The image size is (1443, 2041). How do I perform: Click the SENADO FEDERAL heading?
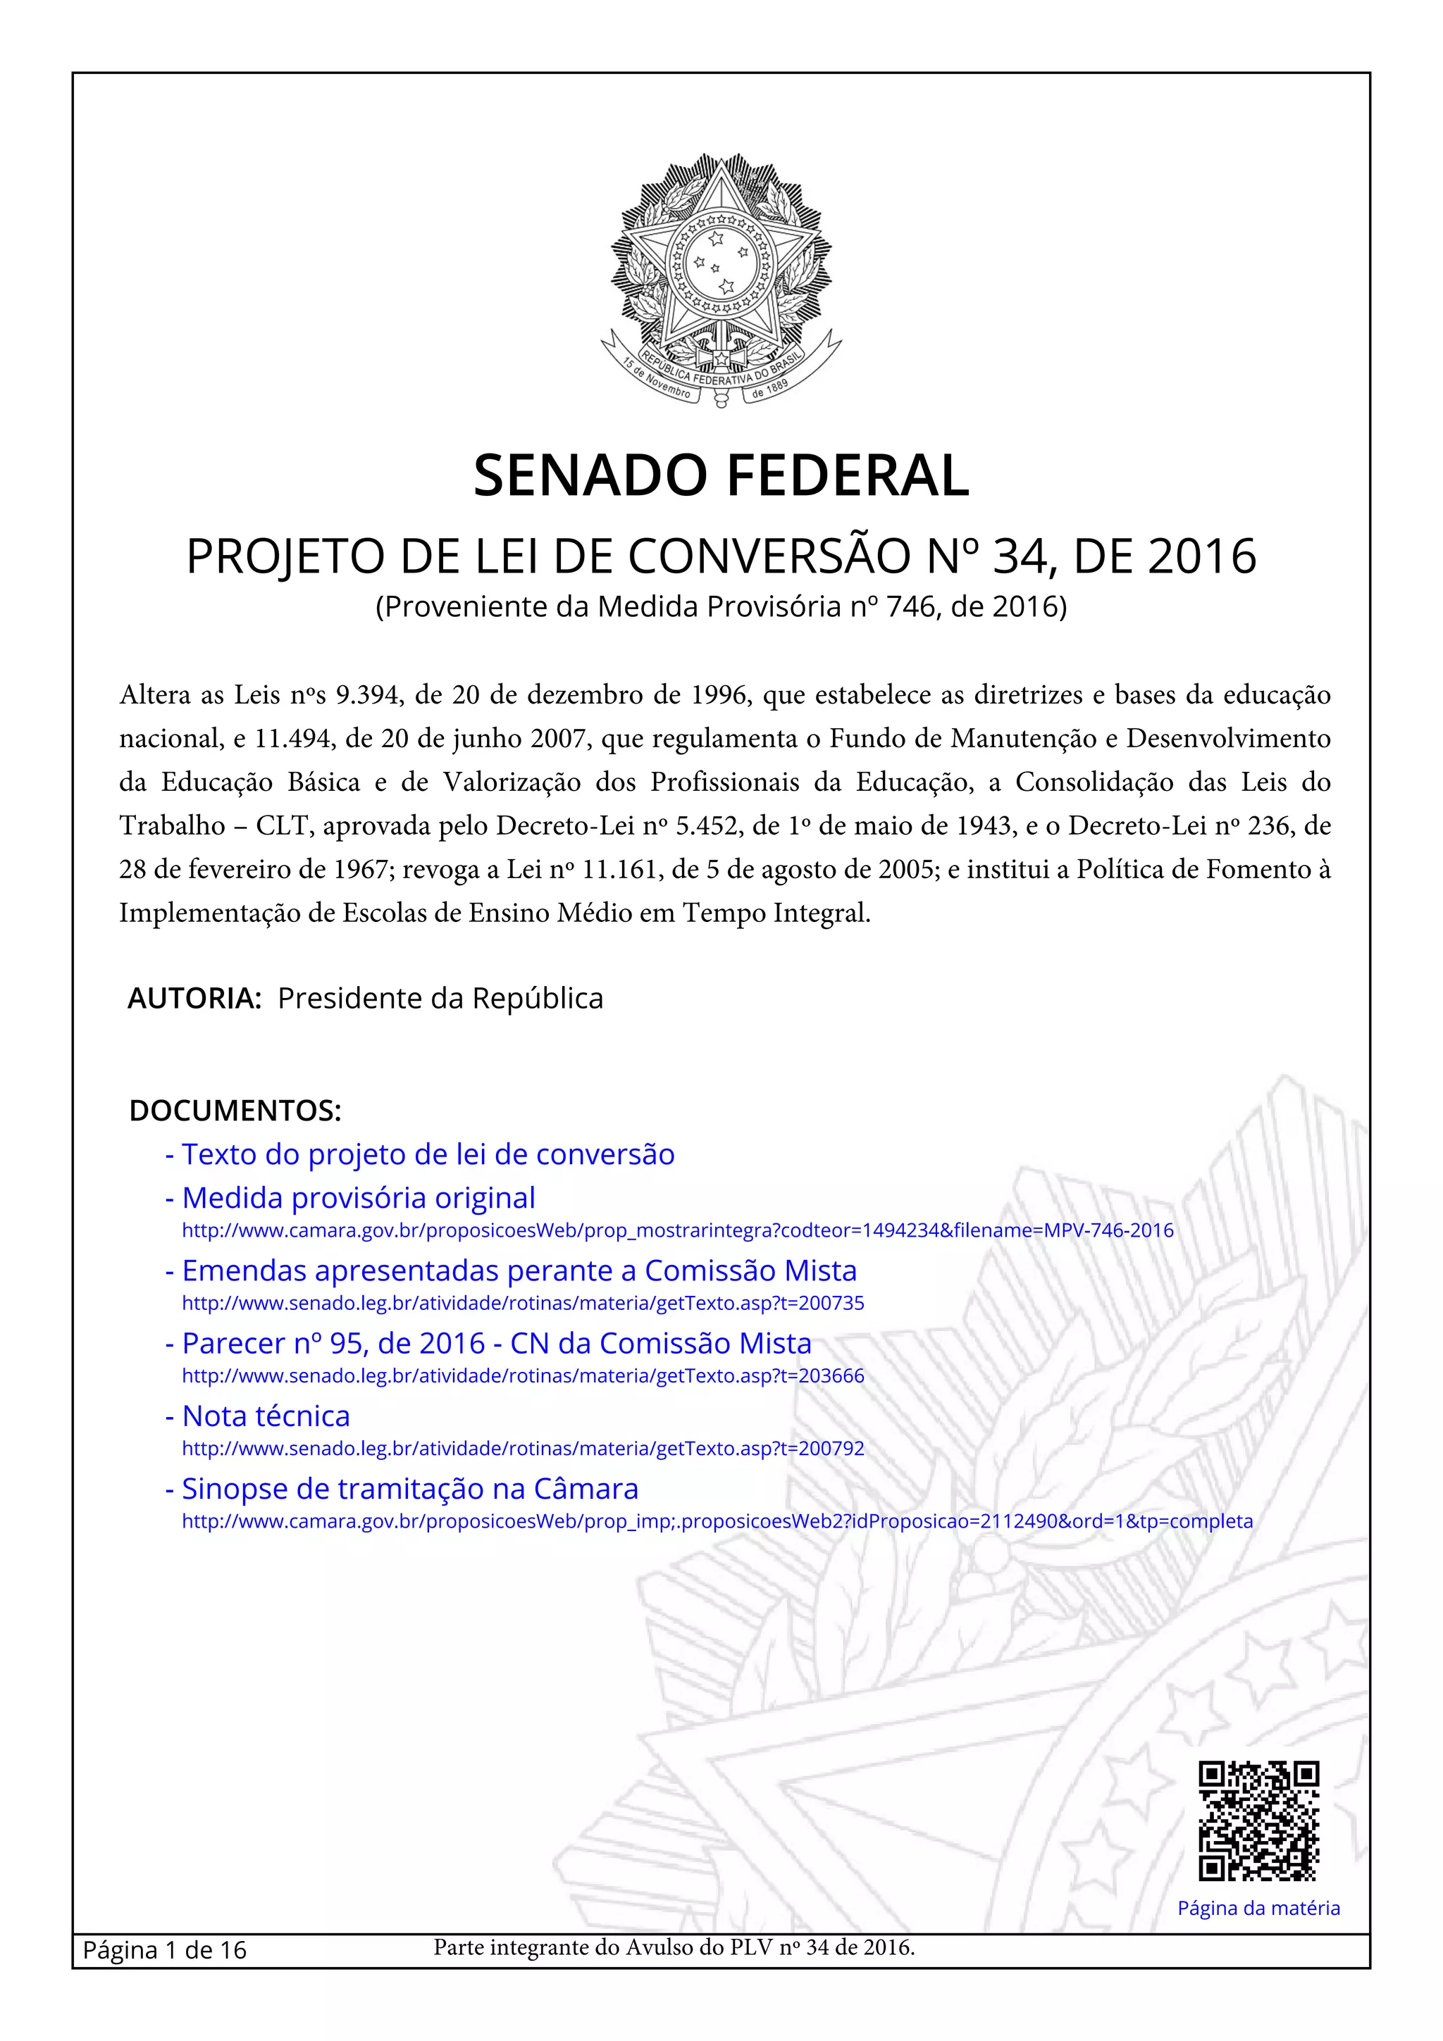click(x=721, y=475)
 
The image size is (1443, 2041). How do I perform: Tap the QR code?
click(x=1258, y=1820)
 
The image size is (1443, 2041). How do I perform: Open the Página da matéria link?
click(x=1258, y=1908)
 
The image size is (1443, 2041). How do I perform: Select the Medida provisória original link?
click(x=359, y=1197)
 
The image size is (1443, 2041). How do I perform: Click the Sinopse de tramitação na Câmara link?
click(x=410, y=1488)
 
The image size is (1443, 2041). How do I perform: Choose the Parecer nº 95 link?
click(x=496, y=1342)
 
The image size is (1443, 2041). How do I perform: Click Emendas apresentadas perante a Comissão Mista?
click(x=519, y=1271)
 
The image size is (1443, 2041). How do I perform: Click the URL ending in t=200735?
click(x=523, y=1303)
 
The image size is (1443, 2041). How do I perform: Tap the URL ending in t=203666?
click(x=523, y=1376)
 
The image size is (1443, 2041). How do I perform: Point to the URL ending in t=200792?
click(x=523, y=1448)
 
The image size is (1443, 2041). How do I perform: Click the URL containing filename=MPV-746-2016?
click(x=678, y=1230)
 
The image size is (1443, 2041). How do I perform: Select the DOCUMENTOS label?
click(x=235, y=1110)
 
